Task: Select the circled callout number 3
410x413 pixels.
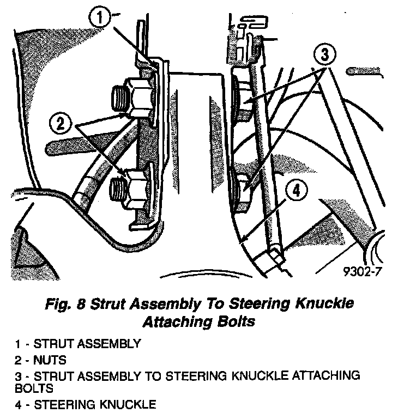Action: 325,55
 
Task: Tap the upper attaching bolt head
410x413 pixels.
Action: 242,98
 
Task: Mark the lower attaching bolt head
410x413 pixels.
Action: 240,188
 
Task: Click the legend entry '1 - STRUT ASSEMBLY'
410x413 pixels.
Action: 78,344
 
